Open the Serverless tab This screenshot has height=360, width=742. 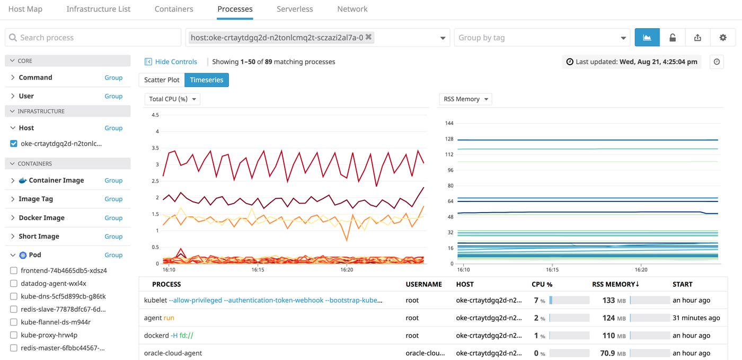point(295,9)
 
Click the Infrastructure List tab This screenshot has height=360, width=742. point(99,9)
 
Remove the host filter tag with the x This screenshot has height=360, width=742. point(368,37)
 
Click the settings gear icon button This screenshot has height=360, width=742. point(723,38)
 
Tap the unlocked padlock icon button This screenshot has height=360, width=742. point(672,38)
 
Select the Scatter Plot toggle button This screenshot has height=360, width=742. point(162,80)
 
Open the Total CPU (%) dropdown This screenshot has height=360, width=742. point(172,99)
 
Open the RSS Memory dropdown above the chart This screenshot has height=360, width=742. point(465,99)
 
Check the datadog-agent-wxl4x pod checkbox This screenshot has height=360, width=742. point(14,284)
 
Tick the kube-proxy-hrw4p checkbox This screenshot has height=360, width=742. point(14,335)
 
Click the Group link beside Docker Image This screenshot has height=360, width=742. point(113,218)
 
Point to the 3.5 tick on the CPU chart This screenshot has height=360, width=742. point(155,148)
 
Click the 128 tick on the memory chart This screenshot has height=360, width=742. point(449,139)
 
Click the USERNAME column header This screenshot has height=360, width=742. point(423,284)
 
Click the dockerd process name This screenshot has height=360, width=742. point(156,336)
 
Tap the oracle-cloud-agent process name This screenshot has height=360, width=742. point(173,353)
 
